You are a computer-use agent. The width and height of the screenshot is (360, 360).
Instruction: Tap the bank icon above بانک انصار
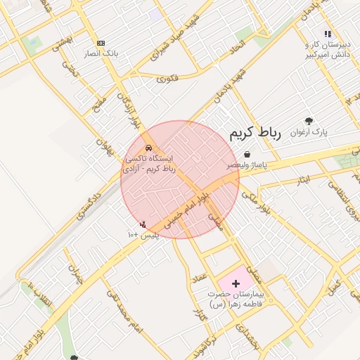point(101,43)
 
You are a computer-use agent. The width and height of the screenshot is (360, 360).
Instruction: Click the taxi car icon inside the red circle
point(148,148)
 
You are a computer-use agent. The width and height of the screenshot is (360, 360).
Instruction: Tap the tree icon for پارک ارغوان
point(307,121)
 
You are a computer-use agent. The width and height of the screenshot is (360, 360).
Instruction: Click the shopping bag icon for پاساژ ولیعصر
point(246,154)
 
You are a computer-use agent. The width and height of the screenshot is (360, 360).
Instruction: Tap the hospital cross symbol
point(235,282)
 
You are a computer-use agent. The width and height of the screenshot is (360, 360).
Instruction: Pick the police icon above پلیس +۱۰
point(143,224)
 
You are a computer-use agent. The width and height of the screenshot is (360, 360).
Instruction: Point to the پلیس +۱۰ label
point(143,234)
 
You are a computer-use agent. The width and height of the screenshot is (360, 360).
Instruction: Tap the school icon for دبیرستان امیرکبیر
point(327,33)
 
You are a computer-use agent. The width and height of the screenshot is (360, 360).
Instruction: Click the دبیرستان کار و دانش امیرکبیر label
point(328,49)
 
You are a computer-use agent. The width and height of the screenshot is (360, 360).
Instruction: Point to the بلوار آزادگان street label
point(128,112)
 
